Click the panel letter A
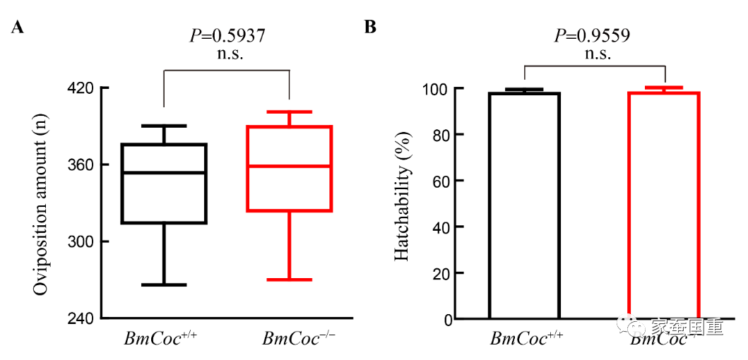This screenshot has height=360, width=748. click(19, 28)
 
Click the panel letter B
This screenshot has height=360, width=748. click(370, 28)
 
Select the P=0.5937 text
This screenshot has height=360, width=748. click(227, 36)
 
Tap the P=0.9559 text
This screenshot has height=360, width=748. click(592, 36)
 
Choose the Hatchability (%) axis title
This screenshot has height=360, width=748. click(403, 203)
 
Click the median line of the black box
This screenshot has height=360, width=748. click(164, 172)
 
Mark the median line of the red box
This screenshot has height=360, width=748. click(290, 166)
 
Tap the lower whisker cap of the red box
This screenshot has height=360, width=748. click(290, 280)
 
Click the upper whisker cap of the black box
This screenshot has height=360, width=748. click(164, 126)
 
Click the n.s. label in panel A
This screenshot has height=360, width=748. click(227, 54)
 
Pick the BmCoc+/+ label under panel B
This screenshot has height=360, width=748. click(522, 338)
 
